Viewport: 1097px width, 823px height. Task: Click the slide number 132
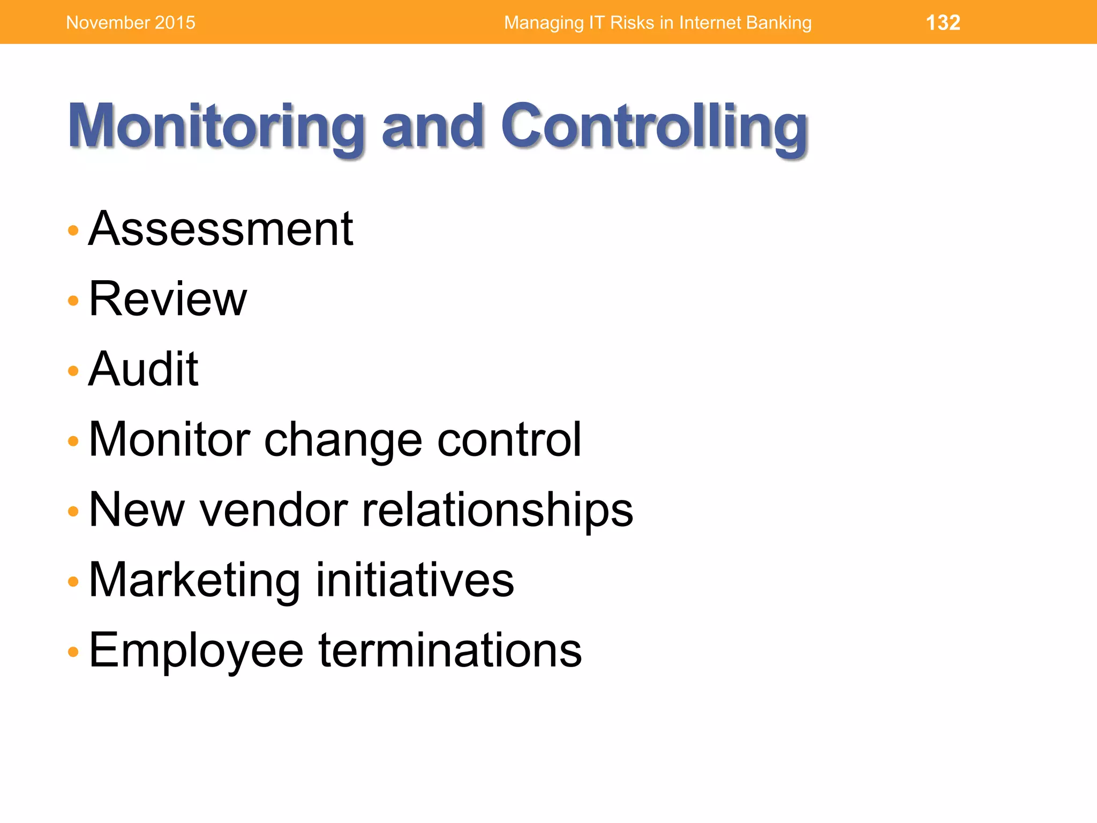pyautogui.click(x=943, y=23)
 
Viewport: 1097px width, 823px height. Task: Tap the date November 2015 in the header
pyautogui.click(x=131, y=23)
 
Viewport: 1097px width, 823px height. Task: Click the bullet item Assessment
pyautogui.click(x=221, y=229)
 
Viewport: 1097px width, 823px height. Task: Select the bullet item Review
pyautogui.click(x=168, y=299)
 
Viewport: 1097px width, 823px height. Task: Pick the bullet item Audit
pyautogui.click(x=144, y=369)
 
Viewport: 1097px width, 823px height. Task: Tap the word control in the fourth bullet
pyautogui.click(x=509, y=439)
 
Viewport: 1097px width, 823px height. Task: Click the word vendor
pyautogui.click(x=274, y=510)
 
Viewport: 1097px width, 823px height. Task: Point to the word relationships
pyautogui.click(x=497, y=511)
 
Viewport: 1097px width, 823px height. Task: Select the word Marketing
pyautogui.click(x=194, y=581)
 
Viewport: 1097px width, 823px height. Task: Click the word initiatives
pyautogui.click(x=415, y=580)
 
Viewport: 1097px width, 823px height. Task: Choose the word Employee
pyautogui.click(x=196, y=651)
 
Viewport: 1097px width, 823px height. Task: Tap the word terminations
pyautogui.click(x=450, y=650)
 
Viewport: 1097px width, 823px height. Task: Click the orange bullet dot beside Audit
pyautogui.click(x=73, y=371)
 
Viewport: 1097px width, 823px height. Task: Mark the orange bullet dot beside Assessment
pyautogui.click(x=73, y=231)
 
